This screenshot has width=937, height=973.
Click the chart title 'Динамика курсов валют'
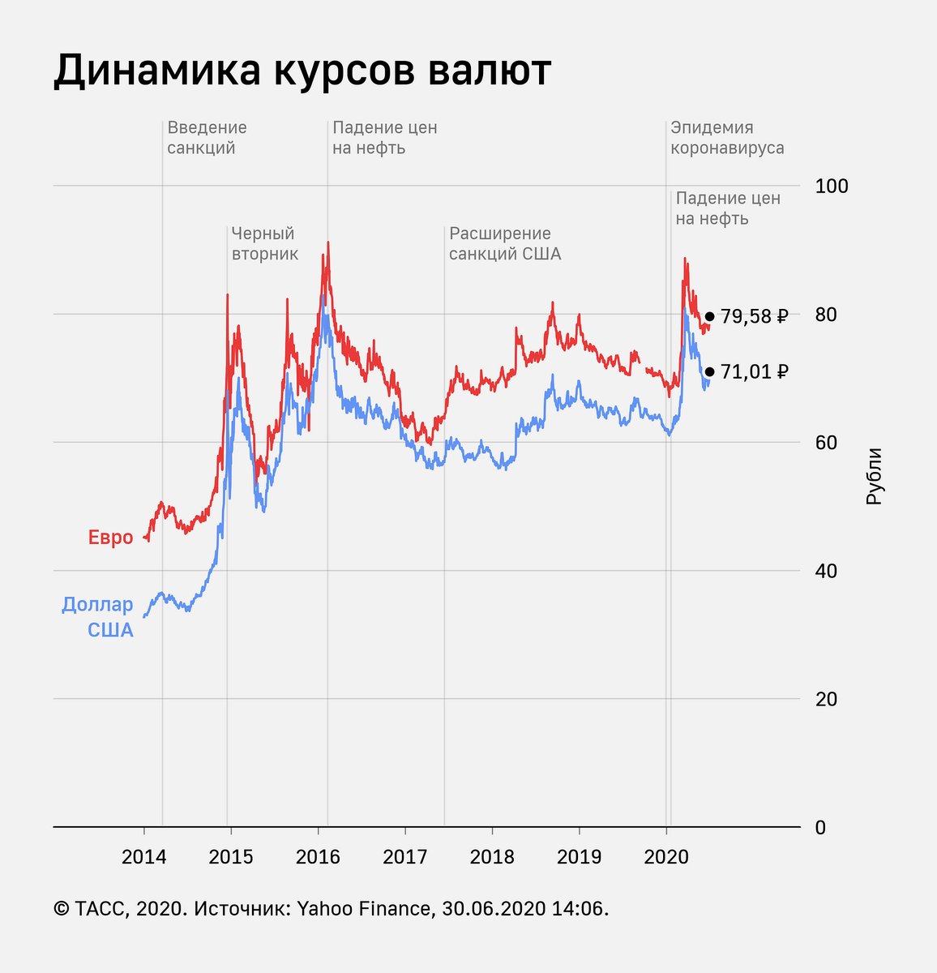coord(302,71)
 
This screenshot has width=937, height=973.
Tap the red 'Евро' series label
coord(110,538)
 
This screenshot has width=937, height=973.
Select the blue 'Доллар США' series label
coord(98,616)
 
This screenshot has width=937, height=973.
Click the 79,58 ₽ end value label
coord(754,316)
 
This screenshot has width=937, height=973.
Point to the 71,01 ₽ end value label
coord(754,371)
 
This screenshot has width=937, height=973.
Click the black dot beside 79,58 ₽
coord(709,316)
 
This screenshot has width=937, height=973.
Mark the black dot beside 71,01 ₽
coord(709,371)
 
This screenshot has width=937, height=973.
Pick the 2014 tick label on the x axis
coord(143,857)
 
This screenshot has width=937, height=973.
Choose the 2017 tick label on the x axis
coord(404,857)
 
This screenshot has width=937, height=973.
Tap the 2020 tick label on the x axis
coord(666,857)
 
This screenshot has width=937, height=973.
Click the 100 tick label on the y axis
coord(832,186)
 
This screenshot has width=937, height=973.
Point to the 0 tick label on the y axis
coord(820,828)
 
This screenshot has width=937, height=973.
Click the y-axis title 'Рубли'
coord(874,477)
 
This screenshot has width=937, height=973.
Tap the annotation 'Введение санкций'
coord(207,138)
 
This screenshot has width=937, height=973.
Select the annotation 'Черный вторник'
coord(264,243)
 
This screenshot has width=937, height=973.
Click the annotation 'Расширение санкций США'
coord(504,243)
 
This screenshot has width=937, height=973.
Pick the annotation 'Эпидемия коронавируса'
coord(726,138)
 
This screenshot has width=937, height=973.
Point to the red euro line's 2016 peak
coord(327,242)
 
